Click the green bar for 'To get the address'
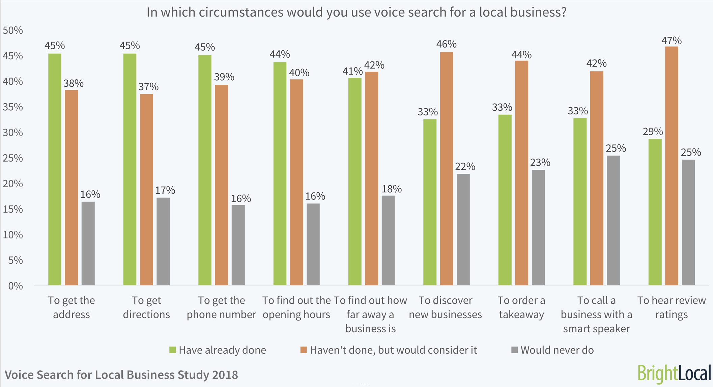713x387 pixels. pyautogui.click(x=55, y=169)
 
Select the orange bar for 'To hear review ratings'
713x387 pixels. pyautogui.click(x=672, y=166)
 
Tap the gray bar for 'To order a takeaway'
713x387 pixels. pyautogui.click(x=538, y=227)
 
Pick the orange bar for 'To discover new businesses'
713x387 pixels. pyautogui.click(x=446, y=168)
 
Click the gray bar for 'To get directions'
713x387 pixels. pyautogui.click(x=163, y=241)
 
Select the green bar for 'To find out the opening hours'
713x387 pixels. pyautogui.click(x=280, y=173)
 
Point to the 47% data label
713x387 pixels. pyautogui.click(x=672, y=41)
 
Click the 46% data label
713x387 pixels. pyautogui.click(x=446, y=44)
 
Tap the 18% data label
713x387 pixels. pyautogui.click(x=392, y=189)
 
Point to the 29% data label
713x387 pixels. pyautogui.click(x=653, y=132)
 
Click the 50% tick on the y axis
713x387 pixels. pyautogui.click(x=13, y=30)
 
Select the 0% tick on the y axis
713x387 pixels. pyautogui.click(x=16, y=286)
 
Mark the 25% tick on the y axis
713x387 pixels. pyautogui.click(x=13, y=158)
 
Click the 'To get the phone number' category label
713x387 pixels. pyautogui.click(x=221, y=307)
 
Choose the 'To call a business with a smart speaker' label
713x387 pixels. pyautogui.click(x=596, y=314)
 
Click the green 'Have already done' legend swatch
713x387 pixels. pyautogui.click(x=173, y=350)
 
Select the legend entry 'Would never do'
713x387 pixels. pyautogui.click(x=557, y=350)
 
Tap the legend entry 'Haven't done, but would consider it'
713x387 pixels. pyautogui.click(x=393, y=350)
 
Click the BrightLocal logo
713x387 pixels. pyautogui.click(x=674, y=374)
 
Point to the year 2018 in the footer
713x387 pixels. pyautogui.click(x=225, y=375)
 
